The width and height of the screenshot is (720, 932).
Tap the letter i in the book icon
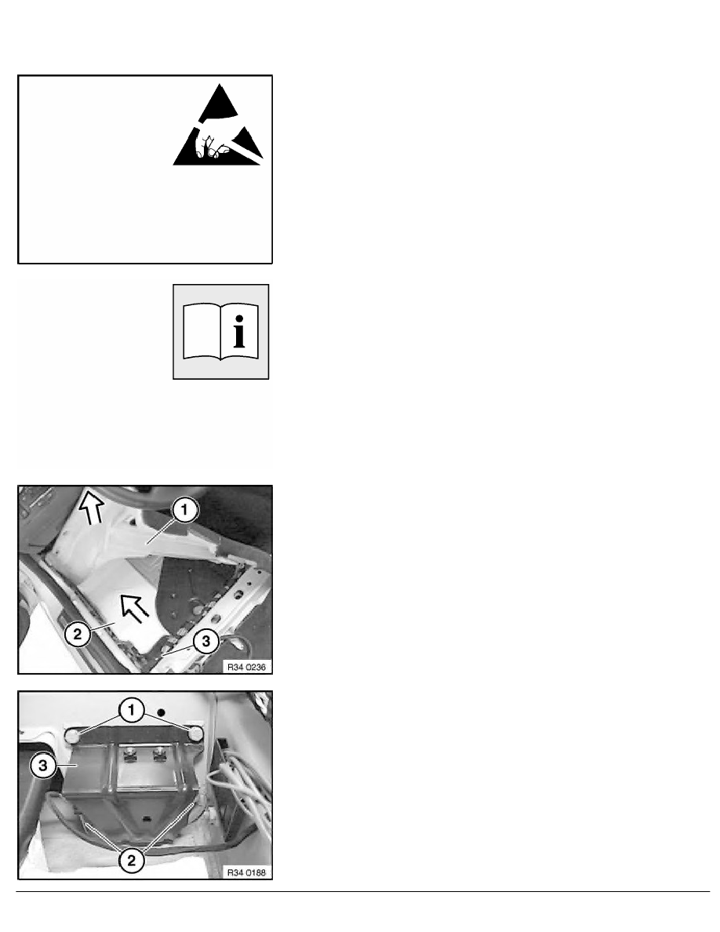[238, 332]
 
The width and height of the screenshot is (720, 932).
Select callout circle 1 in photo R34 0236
[184, 510]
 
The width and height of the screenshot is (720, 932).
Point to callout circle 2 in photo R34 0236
[78, 634]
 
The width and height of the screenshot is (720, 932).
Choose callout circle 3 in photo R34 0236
[206, 642]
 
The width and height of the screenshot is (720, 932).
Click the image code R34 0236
[246, 667]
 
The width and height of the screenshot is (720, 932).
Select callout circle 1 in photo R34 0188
[131, 710]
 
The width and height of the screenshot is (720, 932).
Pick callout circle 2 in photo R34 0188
[131, 860]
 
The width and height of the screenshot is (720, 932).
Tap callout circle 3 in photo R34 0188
[43, 765]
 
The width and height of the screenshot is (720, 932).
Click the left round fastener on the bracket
[72, 737]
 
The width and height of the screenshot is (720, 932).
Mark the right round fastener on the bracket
[195, 734]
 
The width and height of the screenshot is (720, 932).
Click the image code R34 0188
[246, 872]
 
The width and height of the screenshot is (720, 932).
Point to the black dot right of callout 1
[160, 712]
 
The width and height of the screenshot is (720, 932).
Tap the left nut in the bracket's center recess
[128, 755]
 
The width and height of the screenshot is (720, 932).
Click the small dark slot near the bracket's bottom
[146, 820]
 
